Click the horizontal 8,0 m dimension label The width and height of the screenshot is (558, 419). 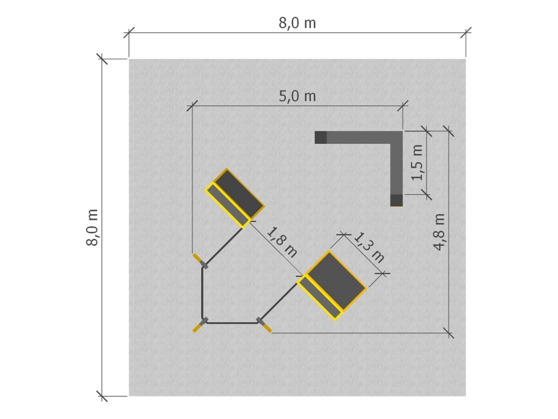coord(297,23)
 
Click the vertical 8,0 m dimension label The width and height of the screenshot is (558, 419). coord(92,228)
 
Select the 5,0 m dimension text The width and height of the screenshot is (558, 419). coord(297,96)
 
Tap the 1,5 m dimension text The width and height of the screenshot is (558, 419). coord(417,163)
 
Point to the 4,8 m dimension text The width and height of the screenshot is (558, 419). coord(439,231)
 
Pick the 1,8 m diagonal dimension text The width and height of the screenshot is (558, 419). coord(282,242)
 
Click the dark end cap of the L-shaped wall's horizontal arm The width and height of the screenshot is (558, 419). coord(320,137)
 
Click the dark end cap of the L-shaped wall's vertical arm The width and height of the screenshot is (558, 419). coord(397,200)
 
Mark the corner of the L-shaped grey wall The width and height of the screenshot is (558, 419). coord(396,137)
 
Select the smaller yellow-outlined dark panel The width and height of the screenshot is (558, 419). coord(235,197)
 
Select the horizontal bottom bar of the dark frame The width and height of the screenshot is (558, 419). coord(231,323)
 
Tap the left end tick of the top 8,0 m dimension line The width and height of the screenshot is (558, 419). coord(129,33)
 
